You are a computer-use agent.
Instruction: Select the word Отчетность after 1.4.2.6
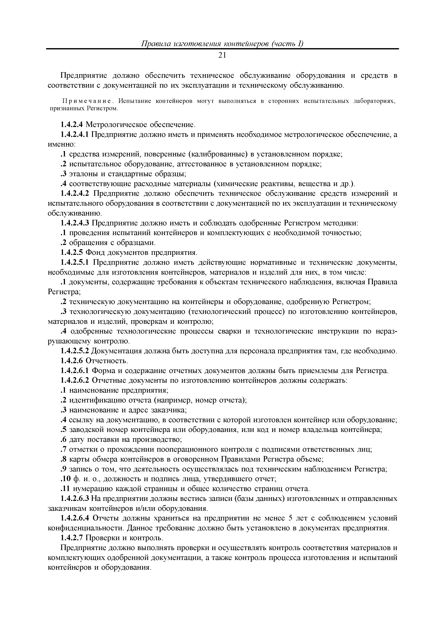(x=107, y=361)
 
